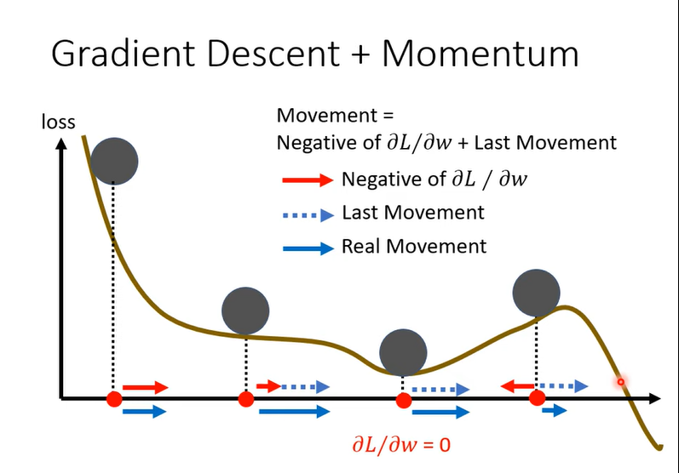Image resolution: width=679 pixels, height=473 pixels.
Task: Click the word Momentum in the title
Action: (x=480, y=54)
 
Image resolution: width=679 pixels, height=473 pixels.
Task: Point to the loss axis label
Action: (x=59, y=123)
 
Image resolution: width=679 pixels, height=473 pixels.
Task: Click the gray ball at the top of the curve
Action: (x=114, y=161)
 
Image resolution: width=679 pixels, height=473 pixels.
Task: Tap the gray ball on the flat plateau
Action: (x=245, y=310)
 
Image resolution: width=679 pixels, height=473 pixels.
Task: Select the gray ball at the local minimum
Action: (x=403, y=350)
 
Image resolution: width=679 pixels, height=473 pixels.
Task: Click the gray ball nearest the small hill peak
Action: (x=537, y=292)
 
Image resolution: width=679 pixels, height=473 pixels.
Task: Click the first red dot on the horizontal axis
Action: (x=114, y=398)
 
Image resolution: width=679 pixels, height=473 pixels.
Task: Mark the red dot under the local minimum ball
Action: (x=403, y=398)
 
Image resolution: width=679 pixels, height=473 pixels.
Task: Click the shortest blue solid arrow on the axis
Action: (x=554, y=411)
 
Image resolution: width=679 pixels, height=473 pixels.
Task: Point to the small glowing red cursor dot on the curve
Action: (x=621, y=382)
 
